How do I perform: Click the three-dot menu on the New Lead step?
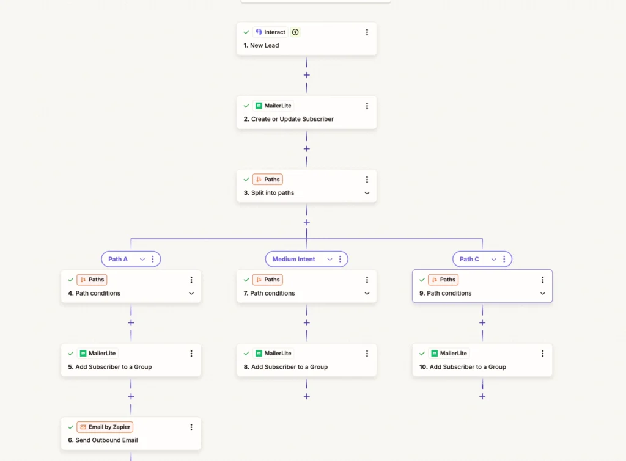[x=367, y=32]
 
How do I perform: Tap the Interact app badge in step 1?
[x=271, y=32]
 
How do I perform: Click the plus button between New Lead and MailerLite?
[x=307, y=75]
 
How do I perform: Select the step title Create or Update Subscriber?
[x=292, y=119]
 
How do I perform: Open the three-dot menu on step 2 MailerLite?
[x=367, y=106]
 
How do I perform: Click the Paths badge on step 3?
[x=268, y=180]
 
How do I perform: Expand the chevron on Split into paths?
[x=367, y=193]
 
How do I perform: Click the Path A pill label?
[x=118, y=260]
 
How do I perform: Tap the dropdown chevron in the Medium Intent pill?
[x=330, y=260]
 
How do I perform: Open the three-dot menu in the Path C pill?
[x=504, y=260]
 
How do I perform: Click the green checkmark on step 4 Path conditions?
[x=71, y=280]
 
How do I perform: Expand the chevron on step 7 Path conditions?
[x=367, y=294]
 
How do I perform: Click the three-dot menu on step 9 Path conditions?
[x=543, y=280]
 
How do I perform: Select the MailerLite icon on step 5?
[x=83, y=354]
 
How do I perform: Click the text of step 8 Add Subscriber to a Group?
[x=289, y=367]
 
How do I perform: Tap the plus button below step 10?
[x=482, y=396]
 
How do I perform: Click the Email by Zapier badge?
[x=105, y=427]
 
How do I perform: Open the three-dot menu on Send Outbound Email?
[x=191, y=427]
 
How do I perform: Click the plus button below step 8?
[x=307, y=396]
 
